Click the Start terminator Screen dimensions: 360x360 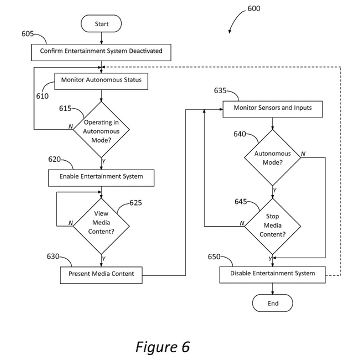(101, 23)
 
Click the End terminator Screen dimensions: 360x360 (272, 303)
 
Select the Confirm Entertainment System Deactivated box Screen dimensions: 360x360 (101, 50)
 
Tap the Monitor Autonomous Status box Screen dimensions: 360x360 (101, 80)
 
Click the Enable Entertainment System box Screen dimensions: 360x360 (101, 176)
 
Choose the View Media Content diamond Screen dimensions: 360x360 (101, 222)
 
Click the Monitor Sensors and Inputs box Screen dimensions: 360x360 (272, 107)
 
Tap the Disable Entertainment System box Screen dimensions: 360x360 (272, 273)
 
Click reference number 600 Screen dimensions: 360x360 (253, 8)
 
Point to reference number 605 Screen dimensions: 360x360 (28, 33)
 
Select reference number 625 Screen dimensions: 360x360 (135, 202)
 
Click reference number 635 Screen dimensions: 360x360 (220, 91)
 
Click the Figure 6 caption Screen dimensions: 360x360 (162, 346)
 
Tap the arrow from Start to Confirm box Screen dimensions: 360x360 (101, 37)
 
